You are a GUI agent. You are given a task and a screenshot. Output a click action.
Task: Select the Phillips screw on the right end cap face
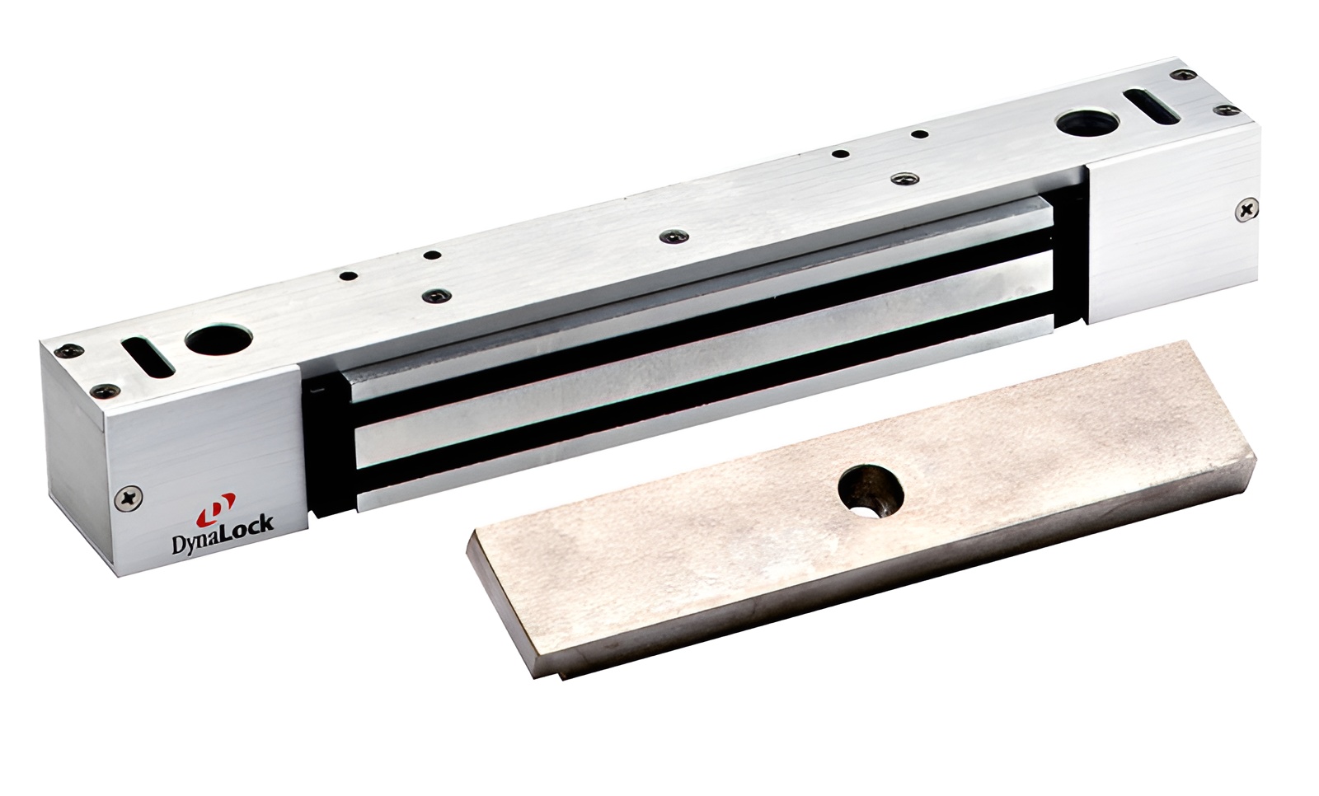pos(1246,208)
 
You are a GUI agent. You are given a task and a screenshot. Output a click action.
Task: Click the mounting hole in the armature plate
pos(871,491)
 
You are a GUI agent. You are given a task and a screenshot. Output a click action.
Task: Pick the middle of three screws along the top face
pos(675,236)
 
